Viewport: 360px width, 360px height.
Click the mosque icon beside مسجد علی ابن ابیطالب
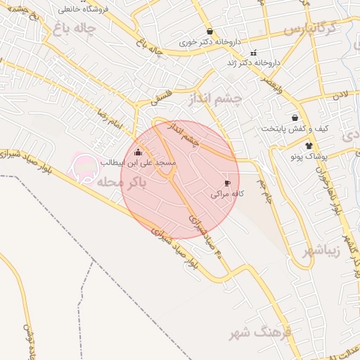[138, 152]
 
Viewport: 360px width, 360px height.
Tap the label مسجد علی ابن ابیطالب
[138, 162]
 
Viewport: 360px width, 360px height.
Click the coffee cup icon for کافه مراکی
[227, 183]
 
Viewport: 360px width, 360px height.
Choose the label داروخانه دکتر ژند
[253, 63]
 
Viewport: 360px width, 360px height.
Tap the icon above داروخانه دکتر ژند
[253, 53]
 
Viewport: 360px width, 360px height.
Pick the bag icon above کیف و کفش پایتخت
[295, 117]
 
